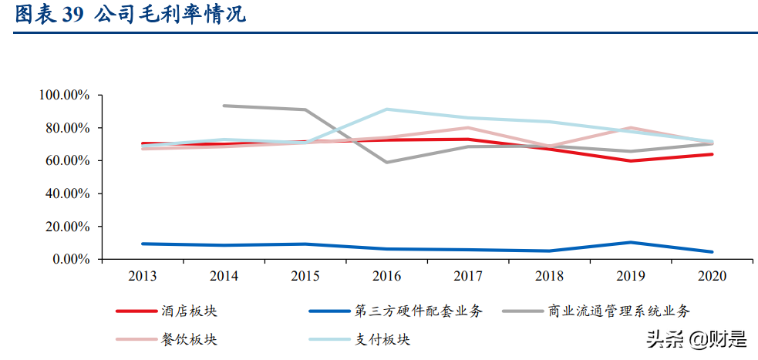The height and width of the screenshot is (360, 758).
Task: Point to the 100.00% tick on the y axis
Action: click(64, 95)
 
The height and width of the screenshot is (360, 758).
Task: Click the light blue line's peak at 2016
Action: click(386, 109)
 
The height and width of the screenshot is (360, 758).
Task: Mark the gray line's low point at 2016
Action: click(386, 162)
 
